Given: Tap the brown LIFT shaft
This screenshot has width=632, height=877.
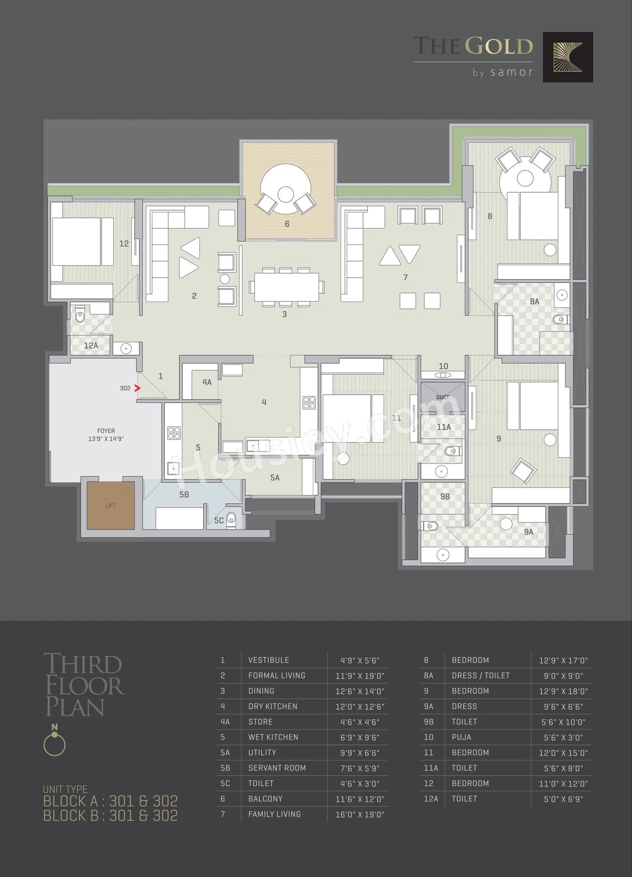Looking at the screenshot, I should [x=111, y=506].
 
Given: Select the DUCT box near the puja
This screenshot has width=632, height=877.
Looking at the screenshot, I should [x=443, y=397].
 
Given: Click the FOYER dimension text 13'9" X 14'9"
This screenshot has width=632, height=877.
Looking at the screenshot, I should [x=106, y=439].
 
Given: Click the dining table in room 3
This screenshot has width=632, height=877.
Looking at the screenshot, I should [x=286, y=287].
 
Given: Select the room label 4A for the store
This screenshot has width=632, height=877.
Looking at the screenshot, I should [x=207, y=382].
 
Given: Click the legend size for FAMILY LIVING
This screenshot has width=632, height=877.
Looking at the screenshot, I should [x=360, y=814].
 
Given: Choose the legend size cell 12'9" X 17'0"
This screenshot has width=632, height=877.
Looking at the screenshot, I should [x=563, y=660].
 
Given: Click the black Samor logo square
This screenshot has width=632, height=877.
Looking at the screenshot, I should [x=568, y=57].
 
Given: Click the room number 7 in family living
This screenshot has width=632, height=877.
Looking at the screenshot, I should [x=405, y=277].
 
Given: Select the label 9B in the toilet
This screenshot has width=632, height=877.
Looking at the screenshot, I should [x=445, y=496].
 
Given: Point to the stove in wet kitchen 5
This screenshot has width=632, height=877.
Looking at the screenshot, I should [x=173, y=433].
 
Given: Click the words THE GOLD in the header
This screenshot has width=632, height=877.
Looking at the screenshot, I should [x=473, y=46].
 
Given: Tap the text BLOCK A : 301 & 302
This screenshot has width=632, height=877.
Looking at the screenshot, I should [x=110, y=801].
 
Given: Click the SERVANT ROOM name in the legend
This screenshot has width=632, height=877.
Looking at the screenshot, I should [x=277, y=768].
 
